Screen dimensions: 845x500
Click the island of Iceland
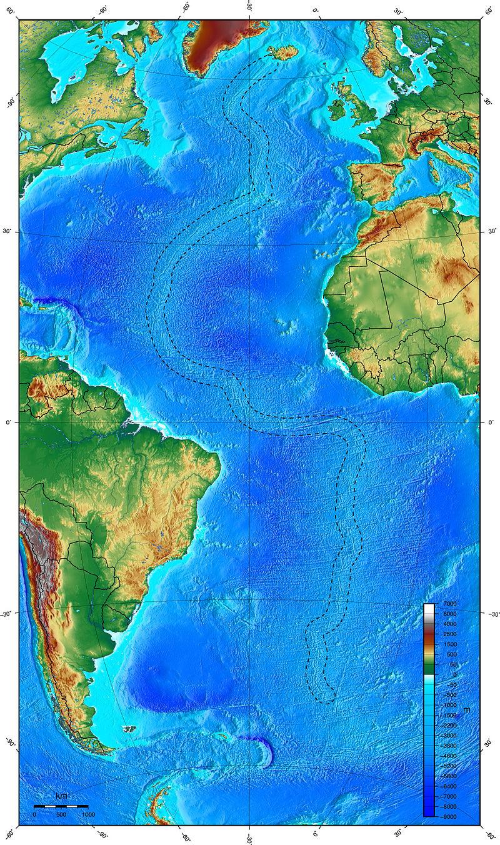point(285,53)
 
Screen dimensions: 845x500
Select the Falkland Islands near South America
point(130,729)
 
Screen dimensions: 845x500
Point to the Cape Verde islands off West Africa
point(287,325)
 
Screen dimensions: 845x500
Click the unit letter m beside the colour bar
point(466,711)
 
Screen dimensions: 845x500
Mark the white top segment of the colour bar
point(429,609)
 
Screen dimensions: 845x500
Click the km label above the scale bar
point(61,796)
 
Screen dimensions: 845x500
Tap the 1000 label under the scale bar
point(88,814)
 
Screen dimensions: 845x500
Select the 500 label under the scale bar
point(61,814)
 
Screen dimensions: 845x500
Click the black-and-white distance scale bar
point(61,806)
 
